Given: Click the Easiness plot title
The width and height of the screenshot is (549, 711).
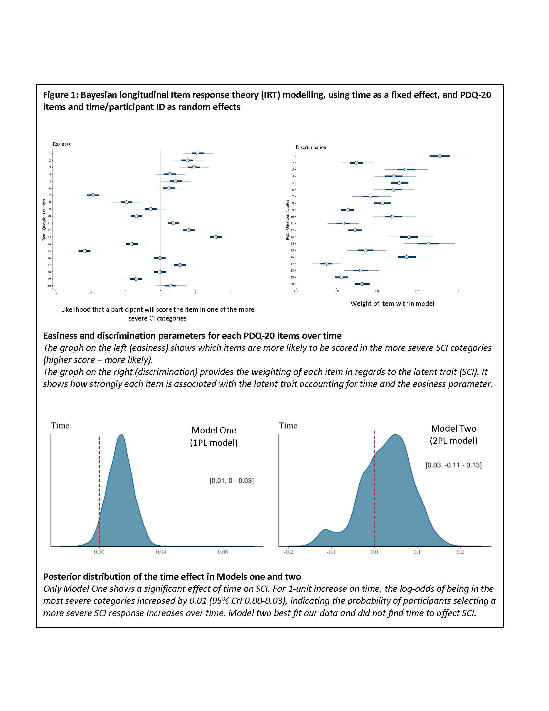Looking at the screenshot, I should click(x=61, y=144).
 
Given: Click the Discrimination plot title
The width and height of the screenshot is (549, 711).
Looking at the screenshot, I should click(x=311, y=147).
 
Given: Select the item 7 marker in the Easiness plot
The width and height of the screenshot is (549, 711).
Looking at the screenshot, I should click(x=93, y=195).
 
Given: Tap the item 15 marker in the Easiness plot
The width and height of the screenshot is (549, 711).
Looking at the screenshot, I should click(x=85, y=251).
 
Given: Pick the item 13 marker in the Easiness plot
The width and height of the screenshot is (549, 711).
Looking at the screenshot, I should click(x=215, y=237).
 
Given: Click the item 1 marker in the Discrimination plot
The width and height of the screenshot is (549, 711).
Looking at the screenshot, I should click(x=440, y=156).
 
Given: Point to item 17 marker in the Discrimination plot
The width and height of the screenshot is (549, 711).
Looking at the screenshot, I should click(x=326, y=264).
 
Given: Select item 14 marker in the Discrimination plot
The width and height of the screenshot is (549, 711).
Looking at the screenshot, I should click(x=428, y=244).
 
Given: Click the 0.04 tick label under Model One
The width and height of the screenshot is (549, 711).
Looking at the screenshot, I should click(x=161, y=552).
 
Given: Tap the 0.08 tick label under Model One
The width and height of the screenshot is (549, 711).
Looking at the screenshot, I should click(x=223, y=552).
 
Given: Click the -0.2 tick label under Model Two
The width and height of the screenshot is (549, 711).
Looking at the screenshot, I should click(x=288, y=552).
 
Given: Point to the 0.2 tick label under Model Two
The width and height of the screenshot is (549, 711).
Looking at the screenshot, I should click(x=460, y=552).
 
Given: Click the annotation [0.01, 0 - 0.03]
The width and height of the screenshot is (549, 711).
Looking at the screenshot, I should click(x=231, y=480).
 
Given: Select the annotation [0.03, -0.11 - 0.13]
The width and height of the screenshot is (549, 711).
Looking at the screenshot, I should click(x=453, y=465).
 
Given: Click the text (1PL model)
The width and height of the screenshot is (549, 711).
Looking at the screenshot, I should click(x=214, y=443).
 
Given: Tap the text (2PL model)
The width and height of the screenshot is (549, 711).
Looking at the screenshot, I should click(x=453, y=441).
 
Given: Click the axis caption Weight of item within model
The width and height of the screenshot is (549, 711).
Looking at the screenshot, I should click(x=392, y=304).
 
